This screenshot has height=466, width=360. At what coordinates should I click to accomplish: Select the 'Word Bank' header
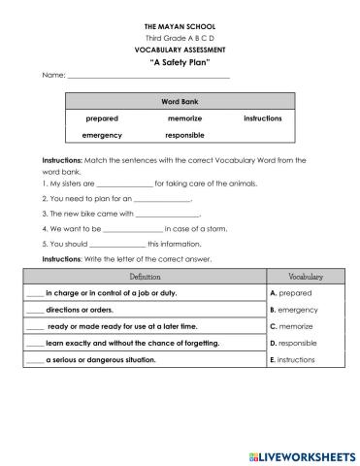tap(180, 101)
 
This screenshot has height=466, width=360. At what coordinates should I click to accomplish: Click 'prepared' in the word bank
tap(102, 117)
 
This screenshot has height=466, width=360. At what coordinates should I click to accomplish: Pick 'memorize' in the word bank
tap(184, 117)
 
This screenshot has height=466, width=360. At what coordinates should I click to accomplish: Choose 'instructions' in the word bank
tap(262, 117)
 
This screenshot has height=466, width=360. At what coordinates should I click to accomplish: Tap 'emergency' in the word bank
tap(102, 135)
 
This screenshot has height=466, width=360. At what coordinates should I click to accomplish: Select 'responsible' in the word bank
tap(184, 135)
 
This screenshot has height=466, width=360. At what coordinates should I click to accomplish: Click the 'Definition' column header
tap(151, 277)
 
